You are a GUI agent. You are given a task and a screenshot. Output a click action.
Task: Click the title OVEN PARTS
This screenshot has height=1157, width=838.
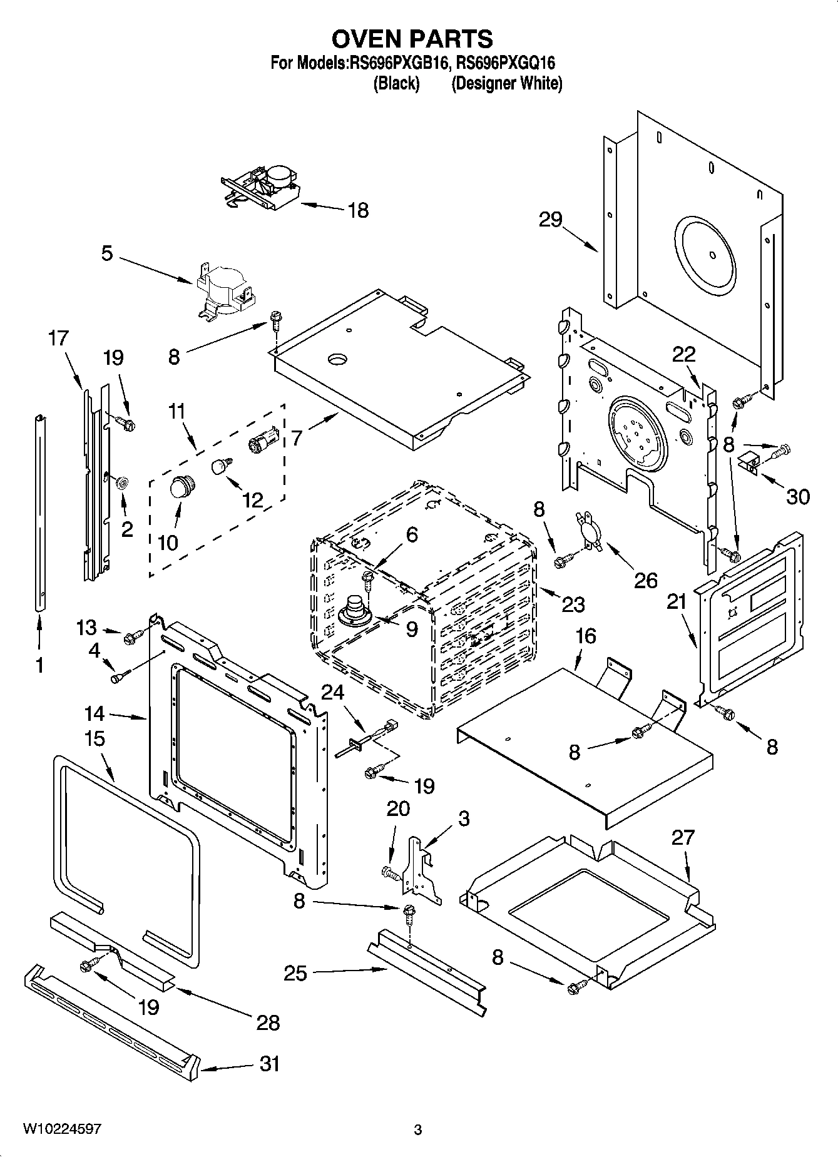pyautogui.click(x=412, y=39)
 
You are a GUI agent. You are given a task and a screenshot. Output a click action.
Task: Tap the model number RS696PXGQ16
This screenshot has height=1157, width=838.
pyautogui.click(x=506, y=63)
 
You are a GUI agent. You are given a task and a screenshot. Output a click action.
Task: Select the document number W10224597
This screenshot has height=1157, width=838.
pyautogui.click(x=62, y=1129)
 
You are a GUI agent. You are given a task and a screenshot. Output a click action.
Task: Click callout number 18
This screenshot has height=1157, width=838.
pyautogui.click(x=358, y=210)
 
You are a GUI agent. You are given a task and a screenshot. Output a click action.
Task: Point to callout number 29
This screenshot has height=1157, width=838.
pyautogui.click(x=550, y=220)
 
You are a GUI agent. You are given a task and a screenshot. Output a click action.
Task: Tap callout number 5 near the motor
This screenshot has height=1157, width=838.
pyautogui.click(x=107, y=254)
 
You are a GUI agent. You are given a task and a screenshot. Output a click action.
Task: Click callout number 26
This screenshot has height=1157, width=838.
pyautogui.click(x=645, y=580)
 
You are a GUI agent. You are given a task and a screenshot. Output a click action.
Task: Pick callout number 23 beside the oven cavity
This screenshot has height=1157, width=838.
pyautogui.click(x=573, y=604)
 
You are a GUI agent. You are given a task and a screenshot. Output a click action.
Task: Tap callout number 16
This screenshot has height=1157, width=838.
pyautogui.click(x=585, y=636)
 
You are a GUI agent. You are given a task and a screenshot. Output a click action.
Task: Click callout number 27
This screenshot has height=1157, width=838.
pyautogui.click(x=683, y=837)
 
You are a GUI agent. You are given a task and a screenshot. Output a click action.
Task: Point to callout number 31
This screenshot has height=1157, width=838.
pyautogui.click(x=269, y=1063)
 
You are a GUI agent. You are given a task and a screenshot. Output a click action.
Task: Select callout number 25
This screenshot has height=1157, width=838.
pyautogui.click(x=295, y=973)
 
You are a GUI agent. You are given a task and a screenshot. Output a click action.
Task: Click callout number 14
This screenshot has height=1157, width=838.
pyautogui.click(x=95, y=714)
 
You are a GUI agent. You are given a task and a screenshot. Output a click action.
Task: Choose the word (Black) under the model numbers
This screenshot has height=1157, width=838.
pyautogui.click(x=396, y=83)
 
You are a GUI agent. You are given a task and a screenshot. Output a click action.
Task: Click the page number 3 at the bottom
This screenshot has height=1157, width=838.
pyautogui.click(x=418, y=1129)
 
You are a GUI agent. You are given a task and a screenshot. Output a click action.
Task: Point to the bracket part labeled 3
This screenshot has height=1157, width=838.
pyautogui.click(x=424, y=870)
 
